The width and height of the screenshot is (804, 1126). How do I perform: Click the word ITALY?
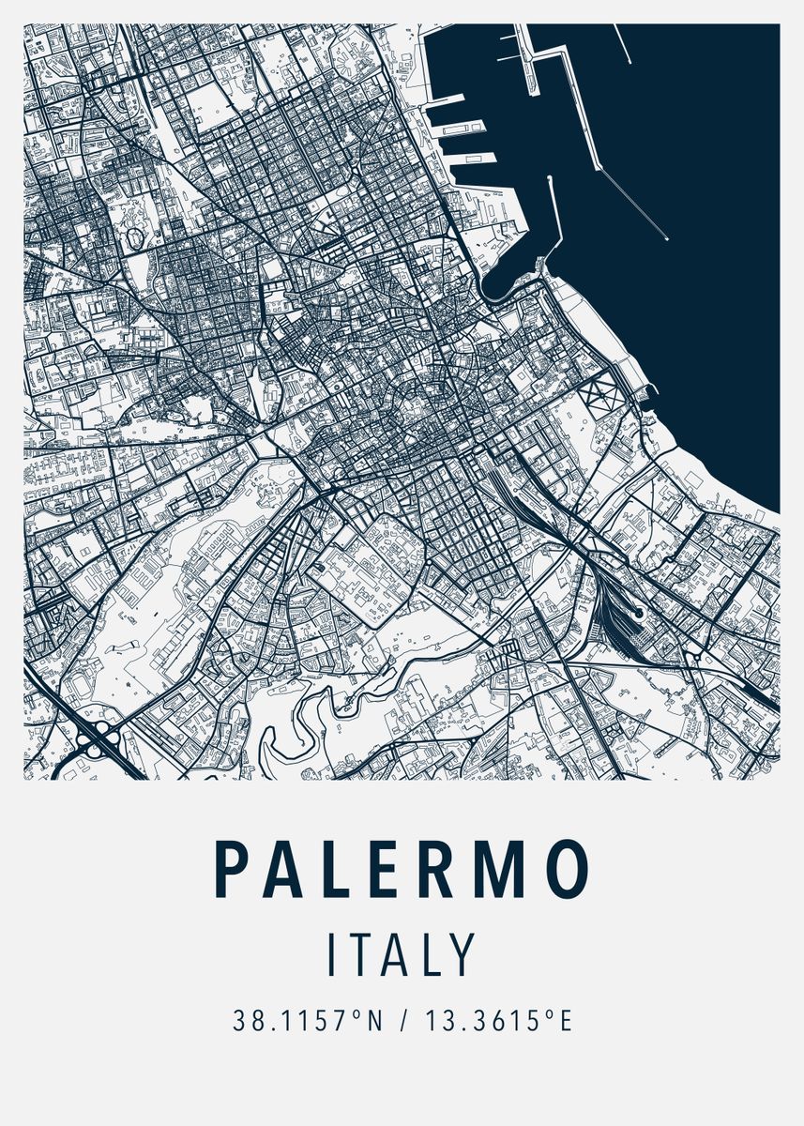(x=402, y=954)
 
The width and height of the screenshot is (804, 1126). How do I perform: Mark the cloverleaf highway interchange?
(x=98, y=741)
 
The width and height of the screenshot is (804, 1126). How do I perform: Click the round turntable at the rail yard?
(x=638, y=613)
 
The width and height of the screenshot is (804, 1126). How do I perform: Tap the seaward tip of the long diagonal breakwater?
(x=666, y=238)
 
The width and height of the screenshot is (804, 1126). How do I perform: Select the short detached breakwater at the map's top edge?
(x=623, y=44)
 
